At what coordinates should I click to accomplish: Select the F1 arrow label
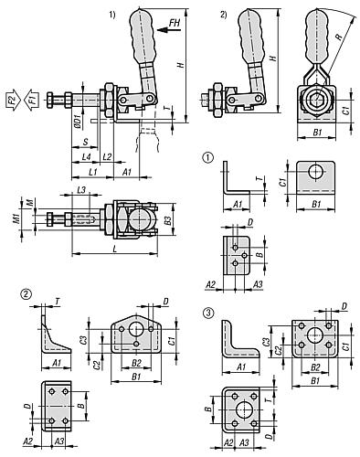tap(31, 98)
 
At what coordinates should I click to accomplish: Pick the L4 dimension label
tap(85, 157)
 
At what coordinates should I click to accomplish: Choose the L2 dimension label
tap(107, 157)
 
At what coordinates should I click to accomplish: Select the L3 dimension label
tap(81, 188)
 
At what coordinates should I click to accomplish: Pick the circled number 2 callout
tap(25, 294)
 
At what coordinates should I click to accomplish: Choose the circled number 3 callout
tap(208, 313)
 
